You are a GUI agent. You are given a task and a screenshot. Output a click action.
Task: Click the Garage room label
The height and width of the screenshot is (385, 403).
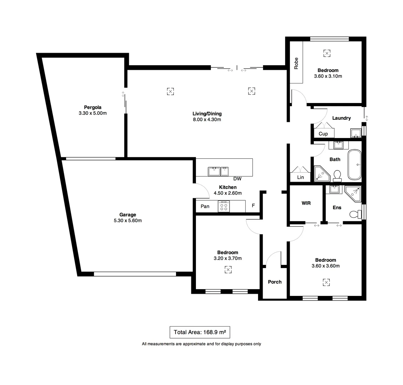point(127,215)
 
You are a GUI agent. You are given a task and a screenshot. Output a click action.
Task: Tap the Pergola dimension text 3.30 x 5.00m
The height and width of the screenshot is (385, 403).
point(93,113)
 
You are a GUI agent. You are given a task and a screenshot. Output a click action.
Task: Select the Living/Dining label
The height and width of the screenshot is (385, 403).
point(207,114)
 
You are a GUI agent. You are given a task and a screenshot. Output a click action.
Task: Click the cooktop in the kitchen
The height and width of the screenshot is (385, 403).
point(224,206)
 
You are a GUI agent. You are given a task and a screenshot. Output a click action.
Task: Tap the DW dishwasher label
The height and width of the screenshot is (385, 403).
point(237,179)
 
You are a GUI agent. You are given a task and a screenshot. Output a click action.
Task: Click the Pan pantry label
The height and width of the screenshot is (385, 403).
point(205,206)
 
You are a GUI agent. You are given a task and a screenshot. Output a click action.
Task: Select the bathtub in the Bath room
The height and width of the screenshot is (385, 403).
point(354,165)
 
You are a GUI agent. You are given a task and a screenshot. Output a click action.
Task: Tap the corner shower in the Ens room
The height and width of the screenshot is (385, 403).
point(354,194)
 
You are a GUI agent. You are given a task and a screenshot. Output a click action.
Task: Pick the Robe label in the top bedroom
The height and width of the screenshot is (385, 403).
point(296,63)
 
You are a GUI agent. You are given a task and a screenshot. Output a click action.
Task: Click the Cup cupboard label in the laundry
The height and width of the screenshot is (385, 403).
point(323,134)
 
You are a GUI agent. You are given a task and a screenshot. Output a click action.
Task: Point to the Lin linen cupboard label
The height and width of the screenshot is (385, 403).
point(300,177)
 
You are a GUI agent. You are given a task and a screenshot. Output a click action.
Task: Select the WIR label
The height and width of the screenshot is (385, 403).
point(306,203)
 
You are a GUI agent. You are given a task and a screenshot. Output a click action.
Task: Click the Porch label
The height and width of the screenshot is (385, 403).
point(274,282)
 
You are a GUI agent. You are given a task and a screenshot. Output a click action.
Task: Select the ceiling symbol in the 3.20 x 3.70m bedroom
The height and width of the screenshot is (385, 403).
point(228,270)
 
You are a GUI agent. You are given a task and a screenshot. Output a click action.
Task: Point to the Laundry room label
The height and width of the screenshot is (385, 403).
point(341,118)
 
